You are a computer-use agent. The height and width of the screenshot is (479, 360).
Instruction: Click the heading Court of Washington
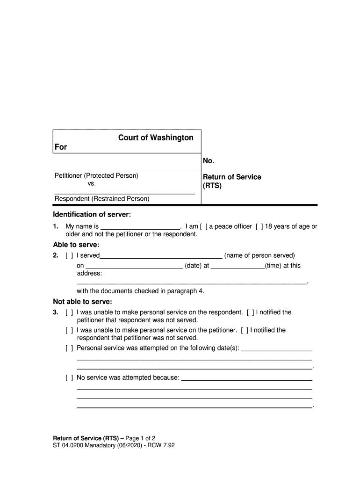point(155,138)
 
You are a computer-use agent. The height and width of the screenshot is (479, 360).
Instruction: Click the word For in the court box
point(61,147)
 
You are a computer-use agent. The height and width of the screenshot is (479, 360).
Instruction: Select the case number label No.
point(208,161)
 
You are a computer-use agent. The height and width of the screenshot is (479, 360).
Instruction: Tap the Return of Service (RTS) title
point(231,181)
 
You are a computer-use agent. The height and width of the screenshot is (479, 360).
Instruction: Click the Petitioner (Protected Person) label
point(96,176)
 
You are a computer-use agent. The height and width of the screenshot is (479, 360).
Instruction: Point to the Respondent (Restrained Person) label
point(102,199)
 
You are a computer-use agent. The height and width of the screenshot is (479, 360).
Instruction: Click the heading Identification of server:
point(92,215)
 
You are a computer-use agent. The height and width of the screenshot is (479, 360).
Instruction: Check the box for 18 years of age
point(259,227)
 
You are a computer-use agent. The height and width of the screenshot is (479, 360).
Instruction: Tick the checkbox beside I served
point(69,255)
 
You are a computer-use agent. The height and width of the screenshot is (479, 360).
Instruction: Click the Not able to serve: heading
point(82,302)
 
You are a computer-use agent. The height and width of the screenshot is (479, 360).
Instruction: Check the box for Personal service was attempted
point(69,348)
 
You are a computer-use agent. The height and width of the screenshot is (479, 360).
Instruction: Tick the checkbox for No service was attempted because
point(69,377)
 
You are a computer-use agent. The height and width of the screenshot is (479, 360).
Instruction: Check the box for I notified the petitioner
point(251,312)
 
